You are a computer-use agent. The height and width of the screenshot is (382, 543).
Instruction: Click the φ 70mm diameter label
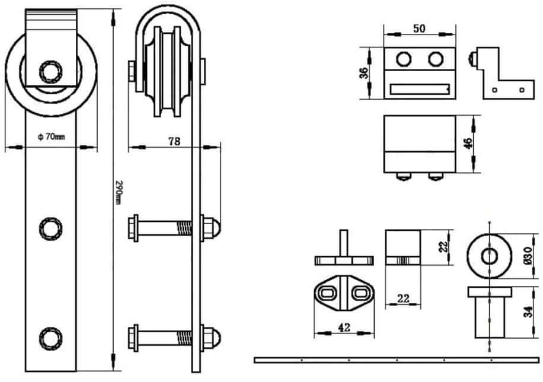(51, 136)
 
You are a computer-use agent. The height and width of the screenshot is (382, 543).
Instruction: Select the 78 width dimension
(174, 141)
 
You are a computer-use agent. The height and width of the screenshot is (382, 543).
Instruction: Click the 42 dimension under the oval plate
(344, 326)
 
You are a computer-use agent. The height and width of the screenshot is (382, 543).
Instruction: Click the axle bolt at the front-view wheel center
(49, 72)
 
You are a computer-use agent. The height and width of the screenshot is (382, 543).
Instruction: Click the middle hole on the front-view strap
(49, 227)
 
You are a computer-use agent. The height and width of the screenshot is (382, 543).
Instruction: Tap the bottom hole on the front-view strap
(49, 338)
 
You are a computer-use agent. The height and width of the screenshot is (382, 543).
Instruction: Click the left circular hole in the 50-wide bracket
(404, 59)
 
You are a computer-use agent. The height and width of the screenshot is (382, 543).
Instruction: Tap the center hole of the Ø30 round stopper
(489, 256)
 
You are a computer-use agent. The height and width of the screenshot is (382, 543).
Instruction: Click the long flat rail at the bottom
(397, 360)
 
